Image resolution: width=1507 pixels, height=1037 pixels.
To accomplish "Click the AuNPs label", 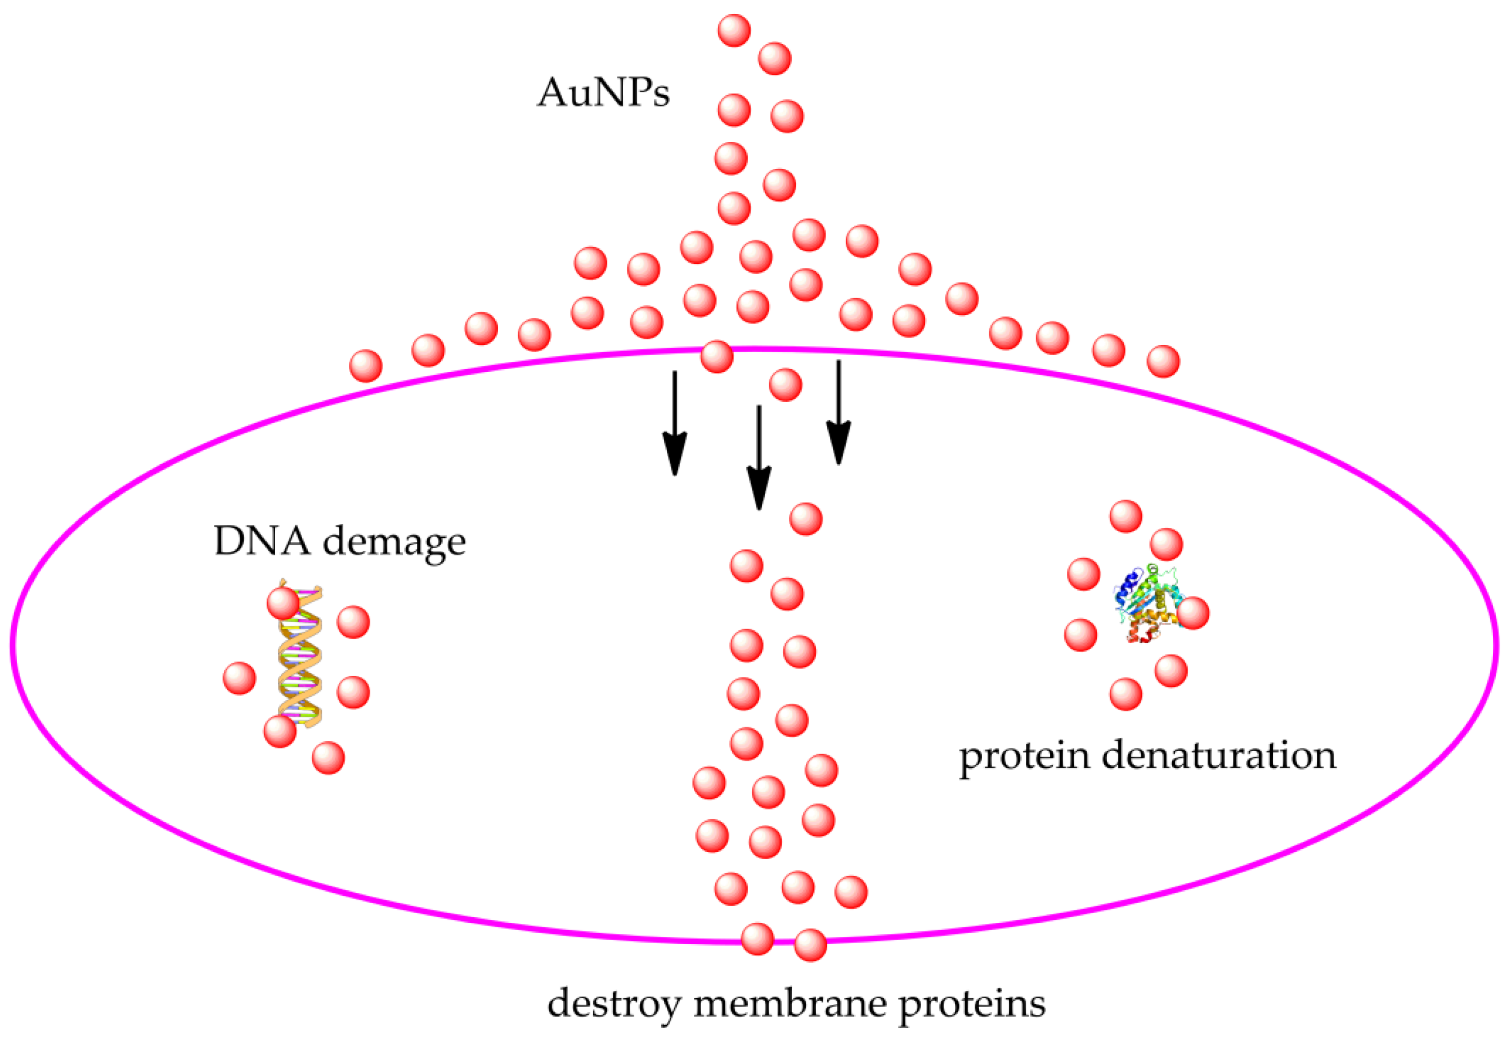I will (603, 92).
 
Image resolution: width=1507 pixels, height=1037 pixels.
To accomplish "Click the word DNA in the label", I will (262, 541).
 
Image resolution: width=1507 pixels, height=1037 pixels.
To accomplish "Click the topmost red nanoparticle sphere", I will (734, 30).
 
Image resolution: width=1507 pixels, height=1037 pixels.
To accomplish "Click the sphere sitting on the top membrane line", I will (717, 357).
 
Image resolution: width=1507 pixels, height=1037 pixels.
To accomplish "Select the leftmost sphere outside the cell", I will (366, 366).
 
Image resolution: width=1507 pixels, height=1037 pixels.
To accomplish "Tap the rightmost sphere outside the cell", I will (1163, 361).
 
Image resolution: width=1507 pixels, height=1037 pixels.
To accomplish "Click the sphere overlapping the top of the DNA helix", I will (283, 603).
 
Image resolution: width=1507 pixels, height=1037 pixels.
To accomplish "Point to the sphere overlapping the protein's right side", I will (1193, 613).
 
